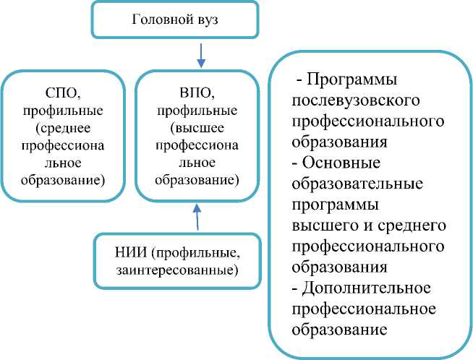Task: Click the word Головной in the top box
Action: [156, 20]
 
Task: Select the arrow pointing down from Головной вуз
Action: [201, 54]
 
